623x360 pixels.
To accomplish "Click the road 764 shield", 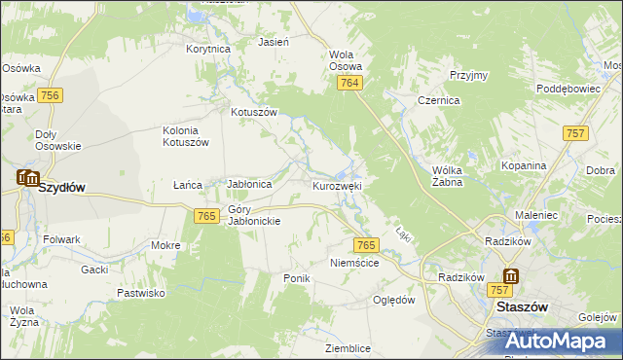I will [x=351, y=85].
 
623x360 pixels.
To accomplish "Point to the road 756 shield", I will [x=52, y=94].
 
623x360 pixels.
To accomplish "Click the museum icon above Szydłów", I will [x=27, y=178].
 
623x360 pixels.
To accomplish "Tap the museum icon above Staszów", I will [x=510, y=277].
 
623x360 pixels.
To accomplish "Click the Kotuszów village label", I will [x=254, y=112].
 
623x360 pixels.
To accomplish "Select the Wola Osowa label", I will [x=346, y=60].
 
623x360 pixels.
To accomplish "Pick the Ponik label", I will [x=296, y=278].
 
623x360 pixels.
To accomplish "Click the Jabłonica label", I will [x=248, y=183].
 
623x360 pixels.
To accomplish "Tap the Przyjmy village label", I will [x=468, y=75].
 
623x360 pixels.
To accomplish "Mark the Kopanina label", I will [x=524, y=165].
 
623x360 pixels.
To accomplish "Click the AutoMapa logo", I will [x=557, y=341].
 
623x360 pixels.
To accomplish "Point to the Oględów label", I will [x=394, y=300].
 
